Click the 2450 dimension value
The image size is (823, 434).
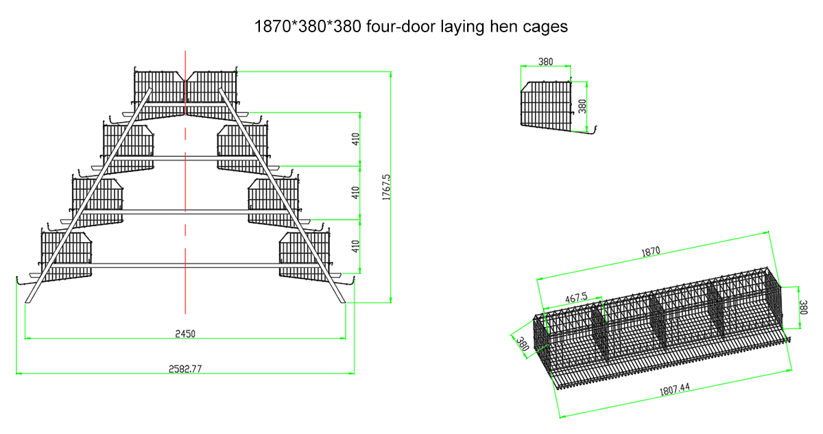click(185, 333)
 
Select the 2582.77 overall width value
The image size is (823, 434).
click(185, 369)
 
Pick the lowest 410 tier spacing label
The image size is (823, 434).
click(356, 247)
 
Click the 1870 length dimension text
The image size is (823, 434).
click(651, 252)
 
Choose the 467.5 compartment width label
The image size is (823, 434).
click(575, 298)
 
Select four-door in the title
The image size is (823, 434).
click(397, 27)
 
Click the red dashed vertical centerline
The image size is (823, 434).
click(185, 206)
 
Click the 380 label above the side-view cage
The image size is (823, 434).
click(546, 62)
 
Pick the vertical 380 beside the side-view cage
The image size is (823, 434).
click(583, 106)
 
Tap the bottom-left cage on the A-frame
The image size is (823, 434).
click(67, 254)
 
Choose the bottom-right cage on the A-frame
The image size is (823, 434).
click(304, 254)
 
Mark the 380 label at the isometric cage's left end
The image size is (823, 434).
click(522, 342)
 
